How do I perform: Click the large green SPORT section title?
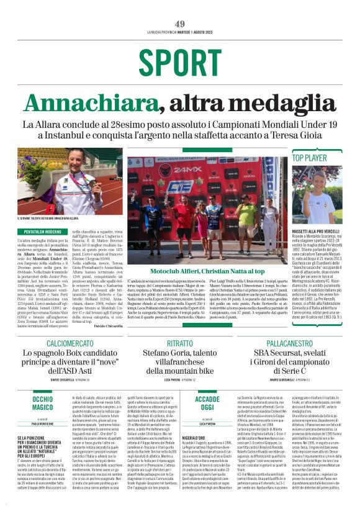(179, 61)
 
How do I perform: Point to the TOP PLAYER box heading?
(309, 158)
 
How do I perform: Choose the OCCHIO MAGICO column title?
(43, 386)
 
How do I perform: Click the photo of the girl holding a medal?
(70, 181)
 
